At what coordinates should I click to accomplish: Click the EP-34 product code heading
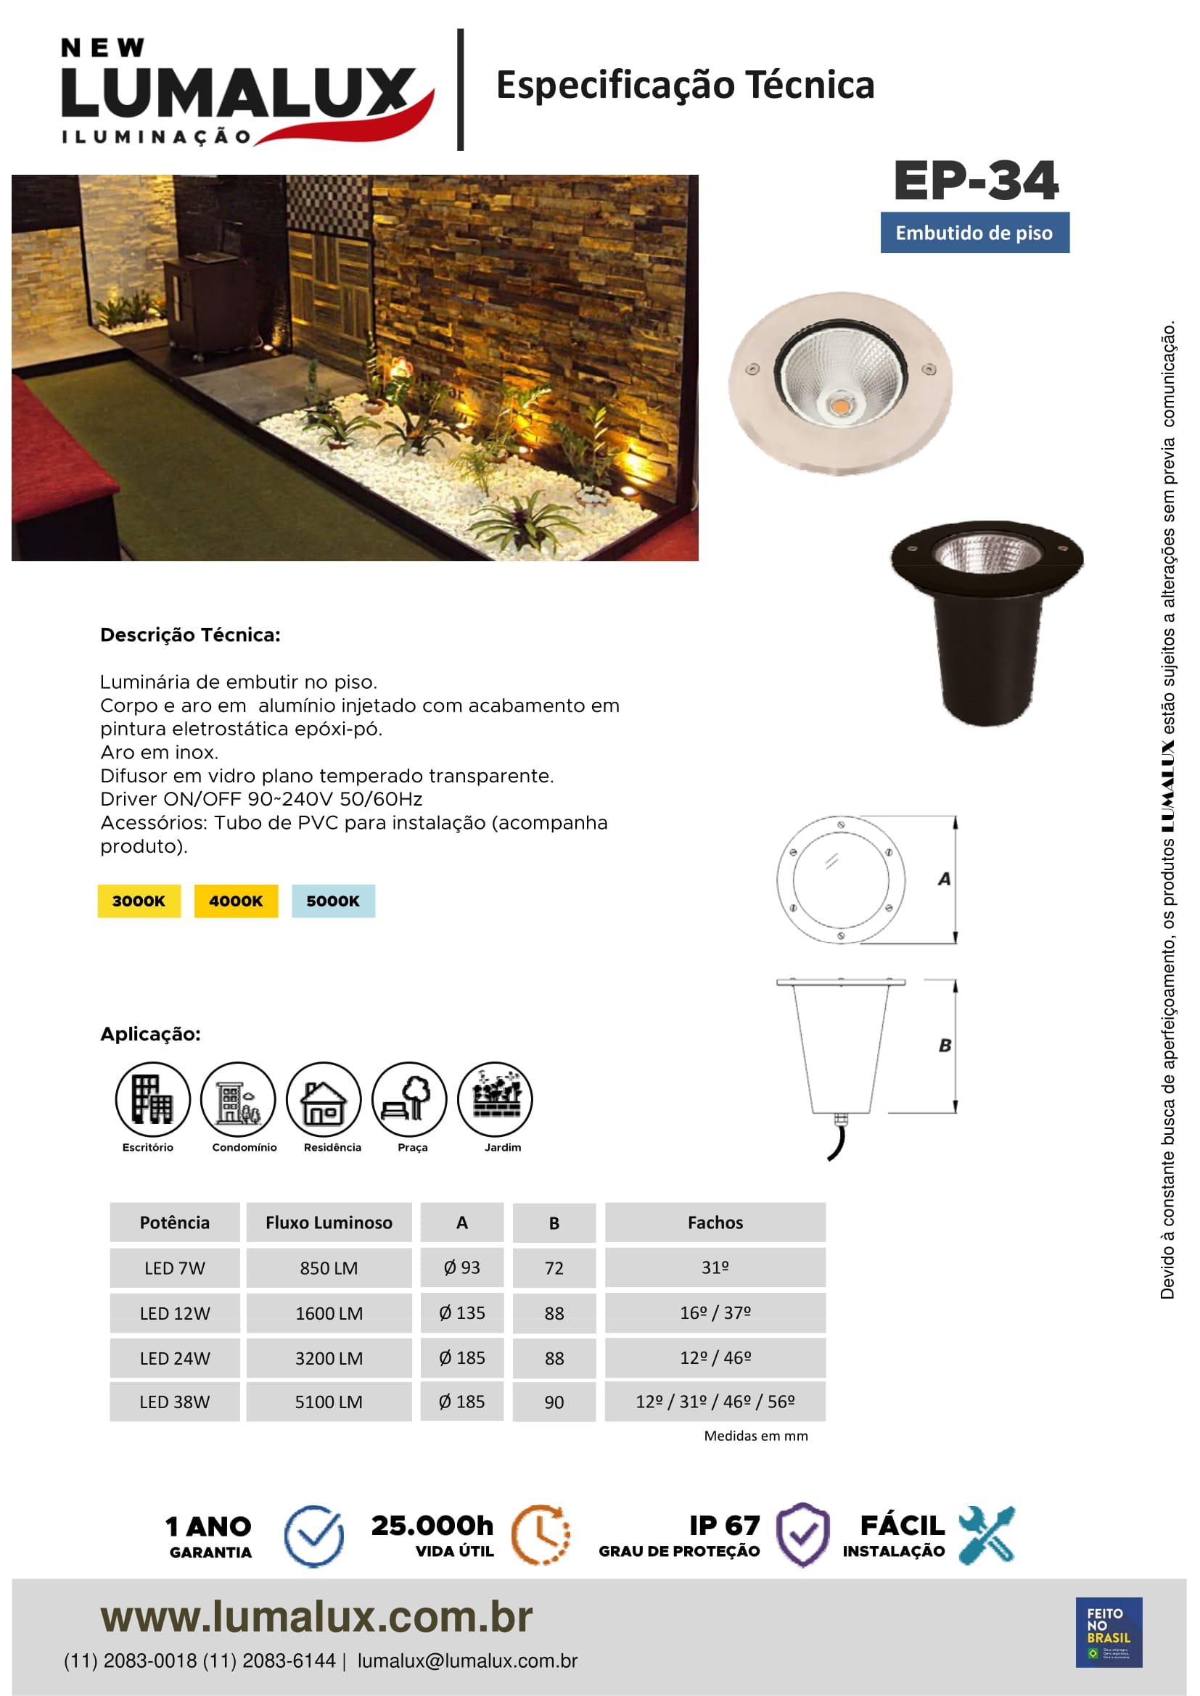point(975,181)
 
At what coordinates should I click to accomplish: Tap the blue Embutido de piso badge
point(974,233)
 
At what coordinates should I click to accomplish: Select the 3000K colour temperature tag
point(139,901)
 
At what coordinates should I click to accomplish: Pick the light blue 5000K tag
point(333,901)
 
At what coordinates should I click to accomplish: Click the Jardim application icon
point(495,1099)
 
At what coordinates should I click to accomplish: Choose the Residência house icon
point(324,1099)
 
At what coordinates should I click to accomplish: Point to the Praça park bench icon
point(409,1099)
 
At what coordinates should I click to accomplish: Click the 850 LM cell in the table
point(329,1267)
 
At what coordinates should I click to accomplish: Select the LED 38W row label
point(175,1402)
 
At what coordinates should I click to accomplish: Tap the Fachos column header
point(715,1223)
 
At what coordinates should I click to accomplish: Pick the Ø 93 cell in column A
point(462,1267)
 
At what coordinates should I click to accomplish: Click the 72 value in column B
point(554,1268)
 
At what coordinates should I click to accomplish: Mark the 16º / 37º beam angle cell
point(715,1312)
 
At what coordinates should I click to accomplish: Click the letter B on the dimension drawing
point(945,1046)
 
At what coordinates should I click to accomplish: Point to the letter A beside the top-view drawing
point(945,879)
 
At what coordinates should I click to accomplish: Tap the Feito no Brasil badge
point(1109,1631)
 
